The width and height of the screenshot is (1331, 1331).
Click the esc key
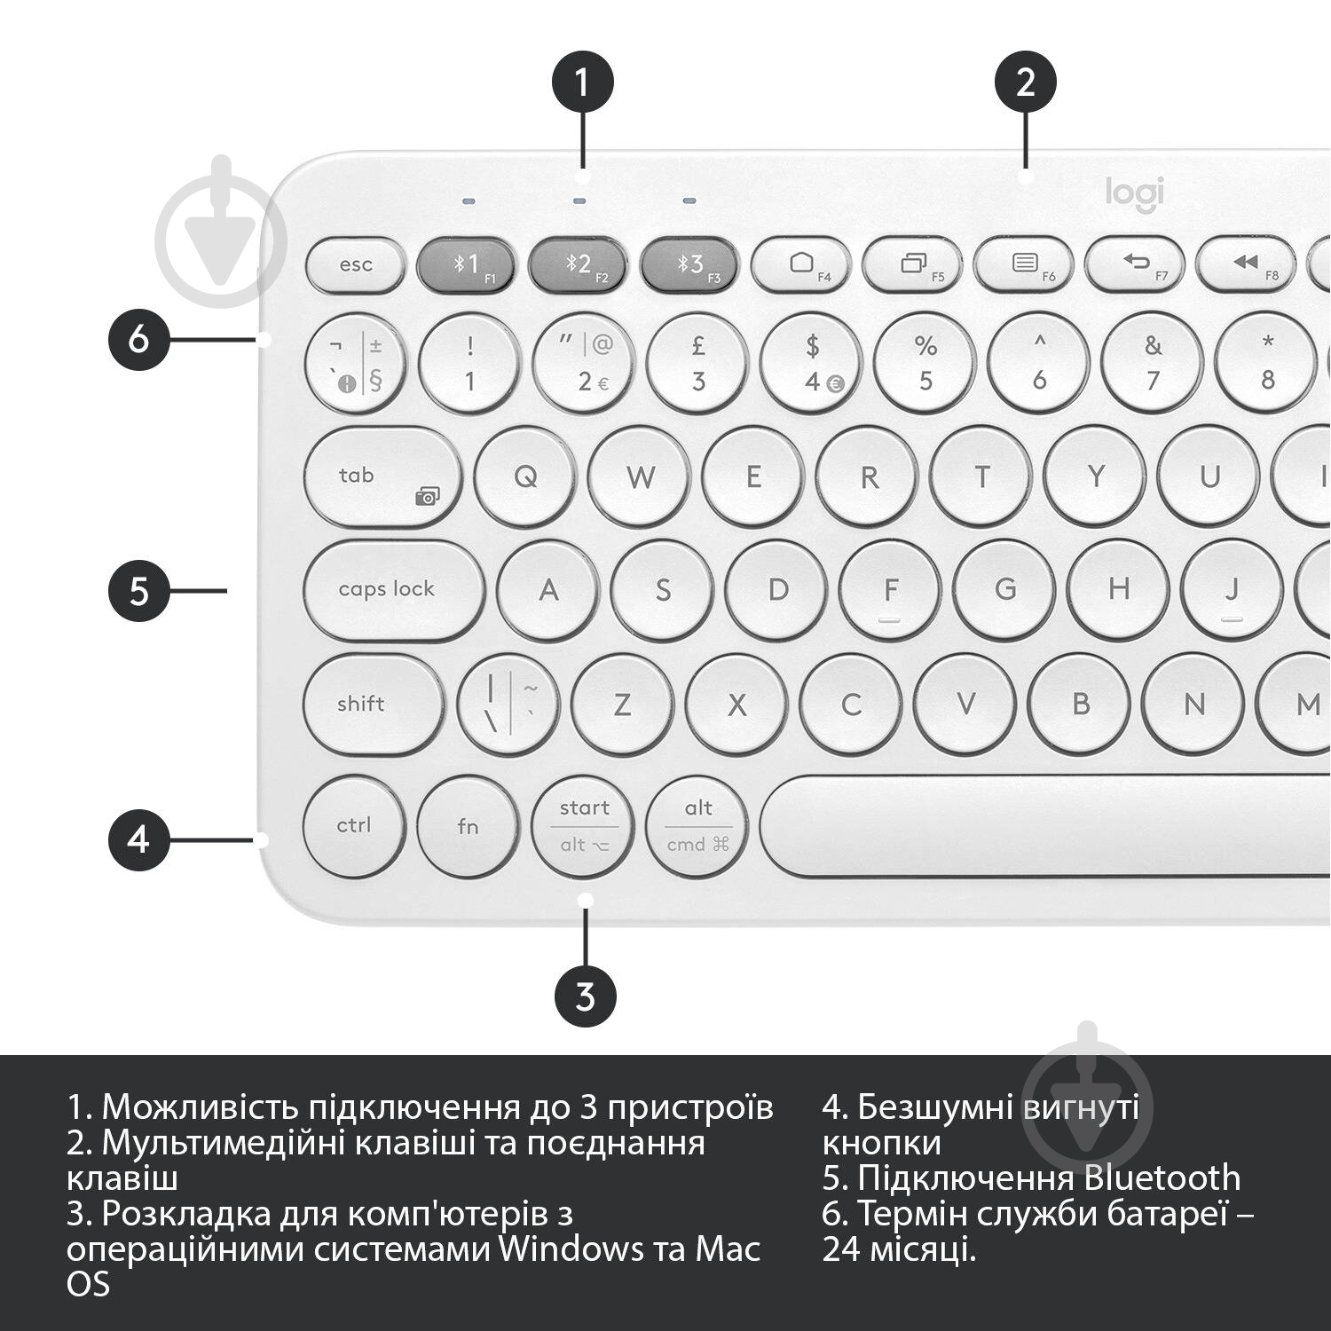pos(355,264)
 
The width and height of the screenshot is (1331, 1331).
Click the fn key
pos(468,826)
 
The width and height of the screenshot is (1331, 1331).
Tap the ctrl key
pos(354,825)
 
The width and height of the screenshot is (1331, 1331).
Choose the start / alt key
pos(584,826)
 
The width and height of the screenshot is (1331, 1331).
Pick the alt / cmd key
pos(697,826)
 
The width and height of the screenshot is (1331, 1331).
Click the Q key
pos(525,477)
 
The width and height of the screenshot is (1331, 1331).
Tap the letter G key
pos(1005,589)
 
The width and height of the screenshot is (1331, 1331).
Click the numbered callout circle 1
pos(582,83)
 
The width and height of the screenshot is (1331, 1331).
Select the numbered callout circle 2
pos(1025,83)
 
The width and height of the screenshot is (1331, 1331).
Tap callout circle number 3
pos(585,996)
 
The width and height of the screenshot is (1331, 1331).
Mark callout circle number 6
pos(138,339)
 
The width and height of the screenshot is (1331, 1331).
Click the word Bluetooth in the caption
pos(1162,1177)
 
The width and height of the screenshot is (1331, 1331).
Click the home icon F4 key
pos(801,264)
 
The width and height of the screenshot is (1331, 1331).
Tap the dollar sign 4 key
pos(812,364)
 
